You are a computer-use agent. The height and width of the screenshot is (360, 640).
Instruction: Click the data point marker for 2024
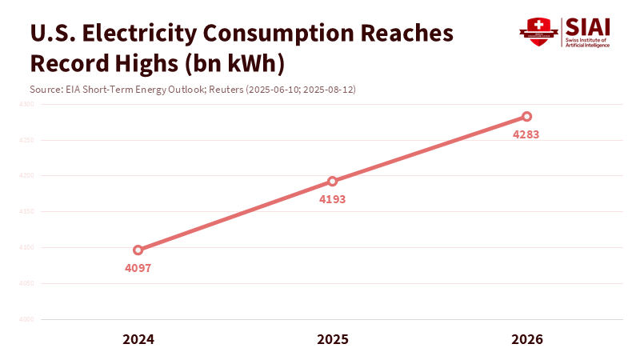pyautogui.click(x=138, y=250)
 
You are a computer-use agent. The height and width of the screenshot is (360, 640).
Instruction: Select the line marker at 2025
pyautogui.click(x=333, y=181)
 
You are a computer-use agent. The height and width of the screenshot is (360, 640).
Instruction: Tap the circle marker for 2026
pyautogui.click(x=526, y=117)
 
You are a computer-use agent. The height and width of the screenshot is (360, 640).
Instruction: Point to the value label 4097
pyautogui.click(x=138, y=268)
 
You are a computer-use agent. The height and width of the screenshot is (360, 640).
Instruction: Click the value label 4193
pyautogui.click(x=333, y=199)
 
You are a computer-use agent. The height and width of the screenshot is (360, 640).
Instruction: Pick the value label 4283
pyautogui.click(x=526, y=134)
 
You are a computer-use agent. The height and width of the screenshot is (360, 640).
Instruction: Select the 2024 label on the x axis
pyautogui.click(x=138, y=339)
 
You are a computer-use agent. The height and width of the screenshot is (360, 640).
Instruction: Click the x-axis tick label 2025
pyautogui.click(x=333, y=339)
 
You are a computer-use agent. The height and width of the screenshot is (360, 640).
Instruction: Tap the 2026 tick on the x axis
pyautogui.click(x=526, y=339)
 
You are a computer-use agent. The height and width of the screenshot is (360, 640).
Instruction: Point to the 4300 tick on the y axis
pyautogui.click(x=26, y=104)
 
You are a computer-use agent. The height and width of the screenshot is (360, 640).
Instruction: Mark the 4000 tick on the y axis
pyautogui.click(x=26, y=319)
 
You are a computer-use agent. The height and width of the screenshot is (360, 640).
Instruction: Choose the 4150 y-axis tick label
pyautogui.click(x=26, y=212)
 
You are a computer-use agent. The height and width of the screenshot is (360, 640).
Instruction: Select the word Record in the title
pyautogui.click(x=65, y=62)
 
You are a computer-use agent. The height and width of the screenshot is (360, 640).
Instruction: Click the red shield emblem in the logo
pyautogui.click(x=538, y=30)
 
